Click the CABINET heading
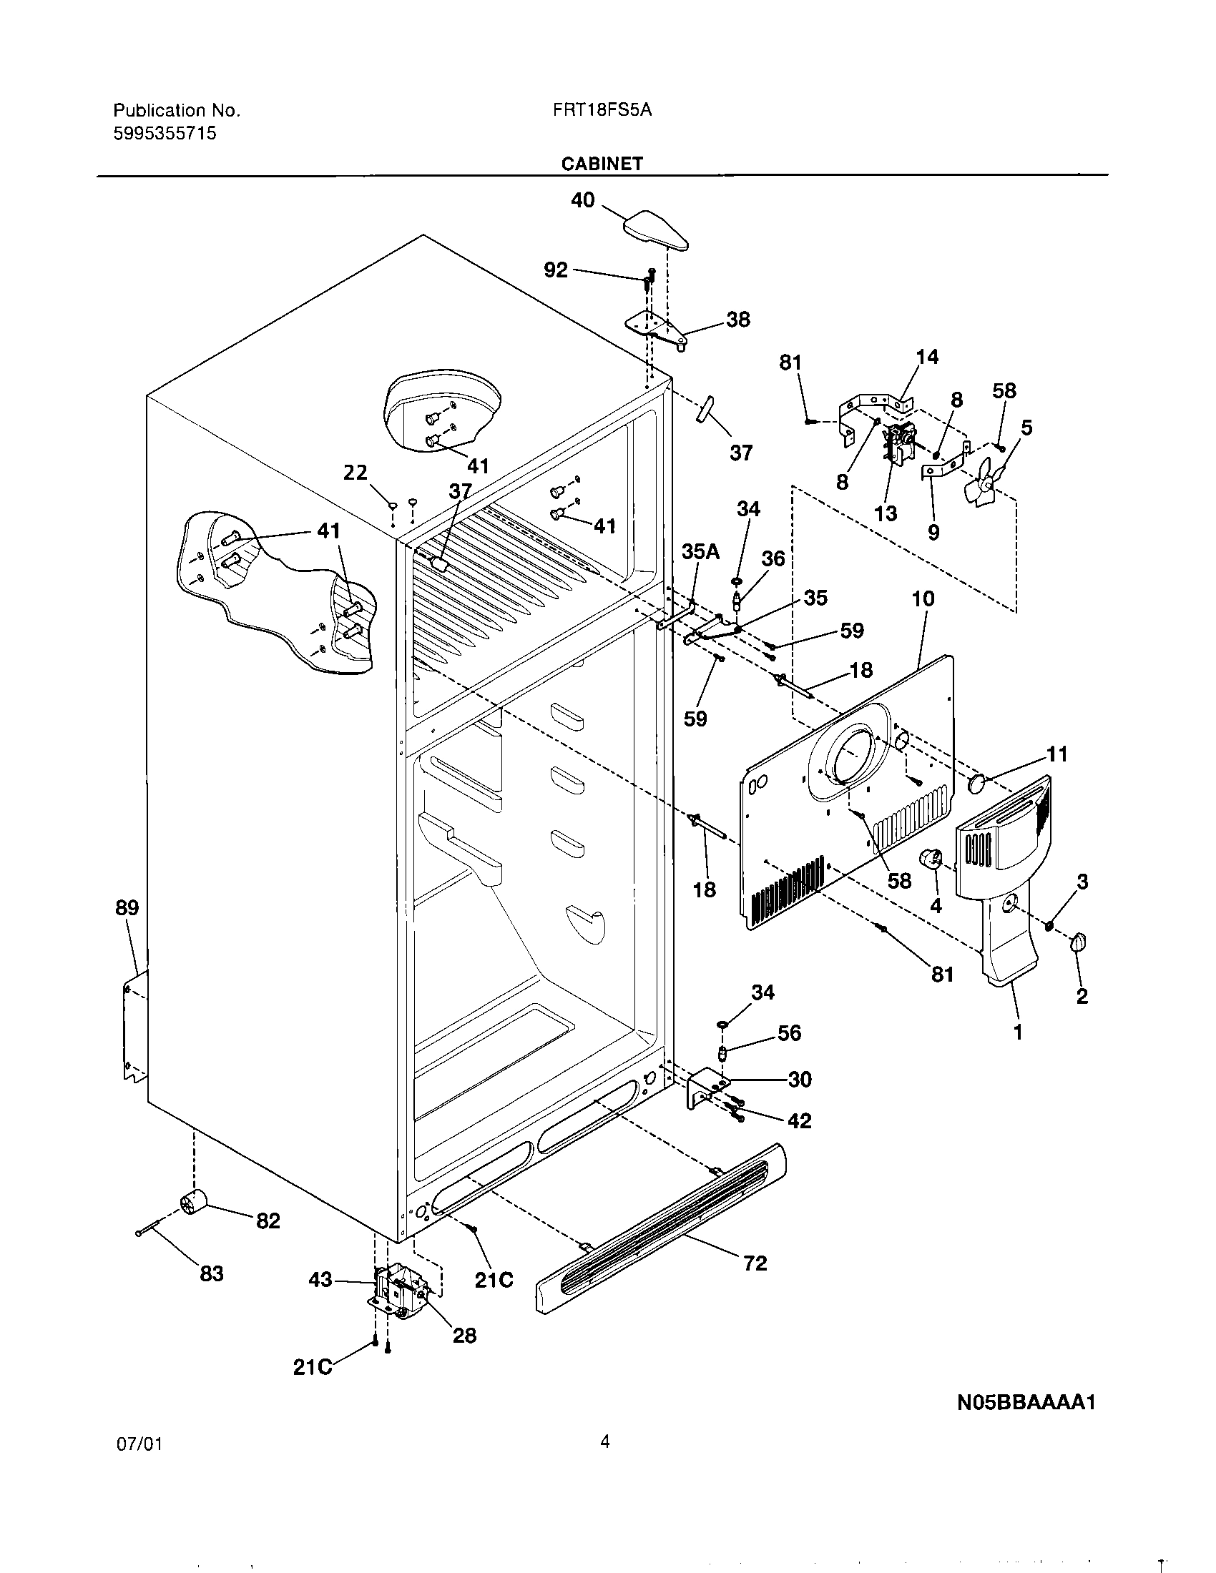(x=602, y=164)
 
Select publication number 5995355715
(x=165, y=133)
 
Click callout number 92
(x=555, y=270)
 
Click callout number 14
(x=927, y=357)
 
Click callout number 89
(x=127, y=907)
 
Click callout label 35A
(x=700, y=552)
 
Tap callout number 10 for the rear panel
(x=923, y=598)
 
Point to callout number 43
(x=320, y=1279)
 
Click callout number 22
(x=356, y=473)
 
